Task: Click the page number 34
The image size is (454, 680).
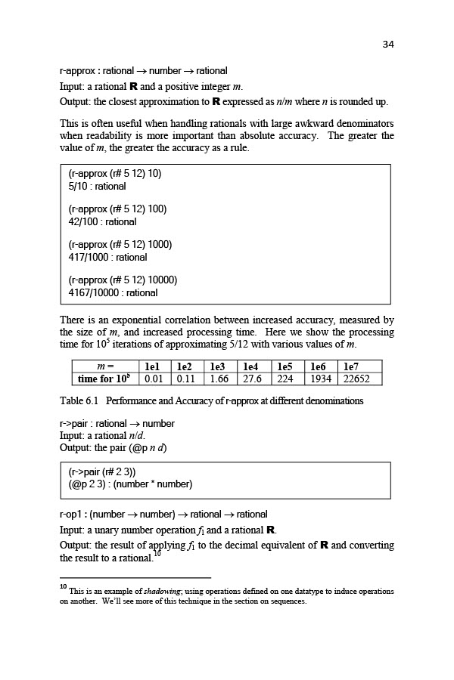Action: click(x=387, y=44)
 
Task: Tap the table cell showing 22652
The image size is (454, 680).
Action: click(x=362, y=379)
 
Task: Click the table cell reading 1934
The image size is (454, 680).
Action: click(x=322, y=379)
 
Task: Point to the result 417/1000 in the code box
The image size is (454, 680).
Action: click(x=87, y=258)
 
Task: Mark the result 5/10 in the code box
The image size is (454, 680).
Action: click(x=80, y=186)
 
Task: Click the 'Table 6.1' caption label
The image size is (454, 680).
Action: click(x=79, y=400)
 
